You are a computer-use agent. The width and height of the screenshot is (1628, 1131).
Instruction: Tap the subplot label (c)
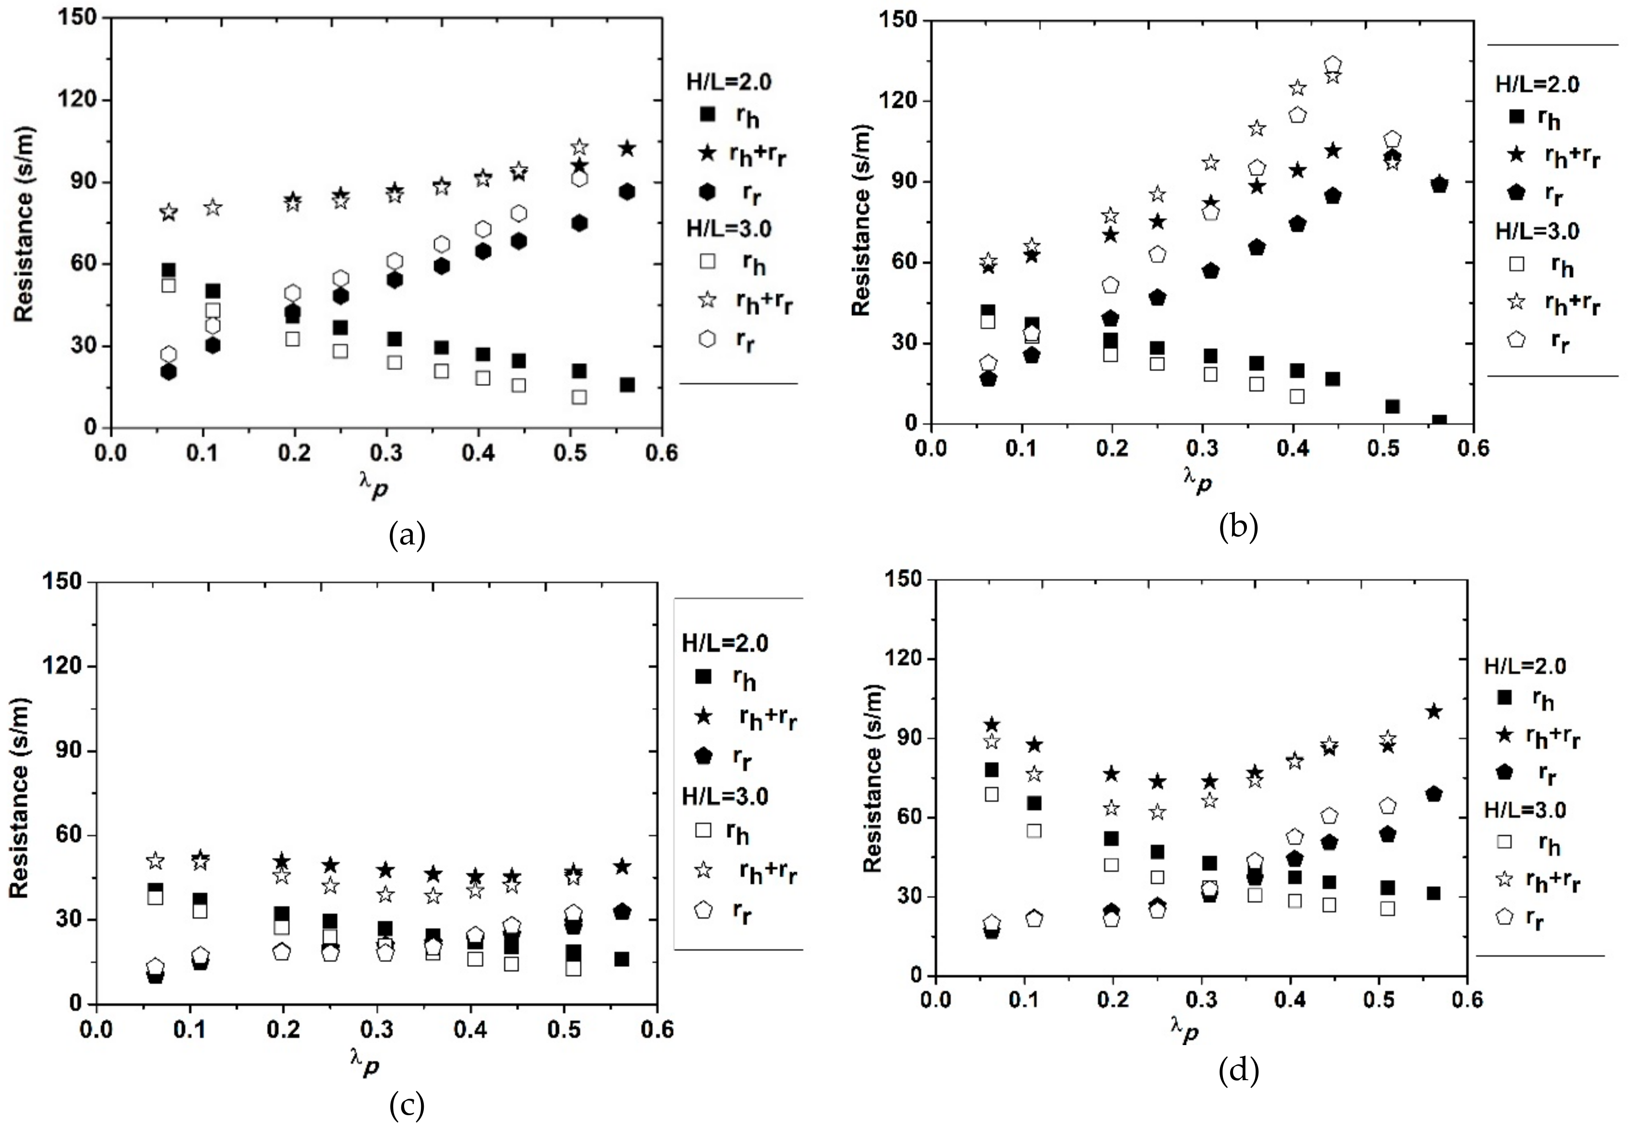(x=407, y=1106)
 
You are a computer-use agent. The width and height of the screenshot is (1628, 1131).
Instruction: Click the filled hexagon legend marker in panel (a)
(x=707, y=192)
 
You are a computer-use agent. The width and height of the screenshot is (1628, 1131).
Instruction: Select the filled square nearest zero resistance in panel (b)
(x=1439, y=421)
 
